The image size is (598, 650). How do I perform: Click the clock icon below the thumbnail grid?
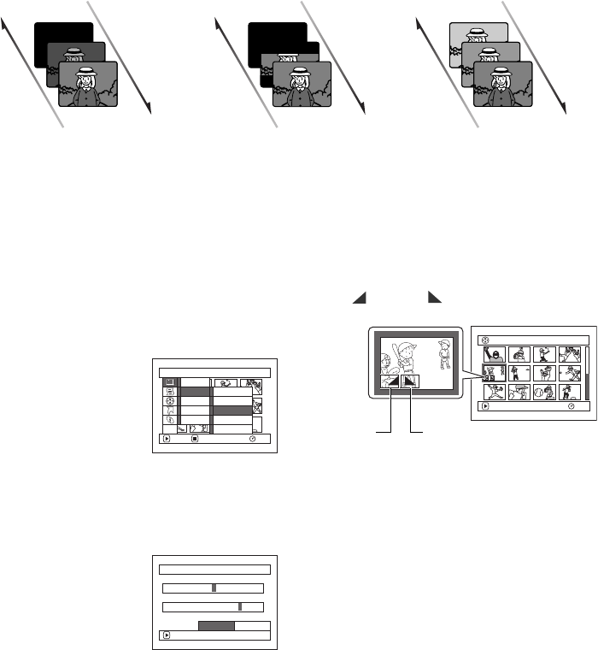(571, 406)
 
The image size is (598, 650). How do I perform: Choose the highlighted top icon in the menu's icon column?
(168, 381)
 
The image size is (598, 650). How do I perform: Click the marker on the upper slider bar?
(214, 588)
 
